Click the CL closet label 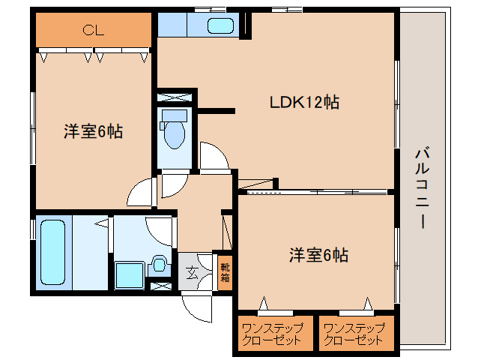tap(94, 30)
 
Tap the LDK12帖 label tap(304, 102)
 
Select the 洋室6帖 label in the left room tap(94, 131)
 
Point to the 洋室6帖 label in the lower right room tap(318, 255)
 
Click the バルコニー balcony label tap(423, 188)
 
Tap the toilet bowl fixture tap(174, 134)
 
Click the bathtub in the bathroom tap(52, 252)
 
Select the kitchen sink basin tap(220, 25)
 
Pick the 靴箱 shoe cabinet tap(226, 272)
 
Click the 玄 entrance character tap(192, 272)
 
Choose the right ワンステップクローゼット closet tap(357, 333)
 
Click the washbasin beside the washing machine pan tap(159, 264)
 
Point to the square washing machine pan tap(130, 275)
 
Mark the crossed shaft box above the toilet tap(175, 97)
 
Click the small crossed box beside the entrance tap(161, 286)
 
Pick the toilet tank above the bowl tap(175, 116)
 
